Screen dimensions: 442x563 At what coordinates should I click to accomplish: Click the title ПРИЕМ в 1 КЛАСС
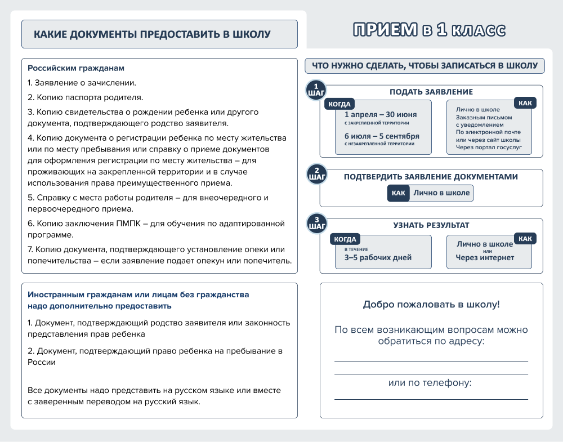429,30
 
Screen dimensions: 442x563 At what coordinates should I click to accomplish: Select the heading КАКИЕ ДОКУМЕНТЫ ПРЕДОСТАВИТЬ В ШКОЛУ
152,34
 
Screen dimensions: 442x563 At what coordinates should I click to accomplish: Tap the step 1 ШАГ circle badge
316,90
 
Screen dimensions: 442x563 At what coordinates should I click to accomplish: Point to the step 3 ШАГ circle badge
316,223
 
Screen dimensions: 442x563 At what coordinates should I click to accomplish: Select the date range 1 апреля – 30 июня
376,114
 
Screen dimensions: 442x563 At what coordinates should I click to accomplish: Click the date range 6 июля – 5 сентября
382,136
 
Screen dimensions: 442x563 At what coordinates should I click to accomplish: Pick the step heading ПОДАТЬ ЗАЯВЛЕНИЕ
431,92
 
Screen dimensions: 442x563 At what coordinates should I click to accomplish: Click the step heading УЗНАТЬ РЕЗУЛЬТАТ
431,225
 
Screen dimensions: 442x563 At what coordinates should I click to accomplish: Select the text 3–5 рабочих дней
378,258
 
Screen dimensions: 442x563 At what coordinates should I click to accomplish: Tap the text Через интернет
485,258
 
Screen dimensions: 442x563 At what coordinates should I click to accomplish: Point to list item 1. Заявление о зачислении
82,83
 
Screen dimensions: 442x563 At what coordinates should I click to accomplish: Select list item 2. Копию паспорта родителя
86,97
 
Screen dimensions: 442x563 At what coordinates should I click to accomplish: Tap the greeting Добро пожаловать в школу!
431,305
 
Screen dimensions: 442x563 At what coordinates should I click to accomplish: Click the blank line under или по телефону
431,399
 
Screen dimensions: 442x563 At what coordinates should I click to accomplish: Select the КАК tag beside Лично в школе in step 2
398,193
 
